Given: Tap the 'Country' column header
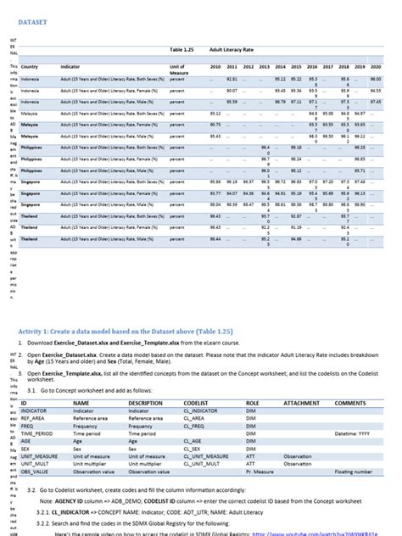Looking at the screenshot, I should click(x=30, y=66).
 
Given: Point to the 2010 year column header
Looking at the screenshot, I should click(x=215, y=66).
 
